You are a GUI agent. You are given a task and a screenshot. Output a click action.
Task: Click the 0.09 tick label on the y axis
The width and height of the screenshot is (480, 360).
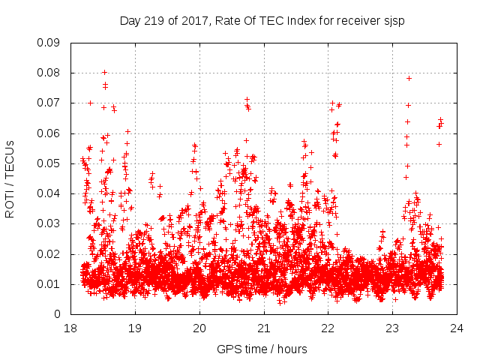49,42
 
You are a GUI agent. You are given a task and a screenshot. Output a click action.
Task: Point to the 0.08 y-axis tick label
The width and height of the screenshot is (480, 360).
49,73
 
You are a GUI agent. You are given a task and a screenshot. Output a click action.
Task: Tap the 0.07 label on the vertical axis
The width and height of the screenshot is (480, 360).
49,103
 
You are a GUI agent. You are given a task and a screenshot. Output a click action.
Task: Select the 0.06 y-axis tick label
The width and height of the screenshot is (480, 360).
49,133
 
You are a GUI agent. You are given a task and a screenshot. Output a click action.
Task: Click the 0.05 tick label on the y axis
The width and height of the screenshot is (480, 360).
49,163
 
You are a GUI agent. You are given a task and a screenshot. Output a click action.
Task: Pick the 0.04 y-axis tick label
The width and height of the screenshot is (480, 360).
49,193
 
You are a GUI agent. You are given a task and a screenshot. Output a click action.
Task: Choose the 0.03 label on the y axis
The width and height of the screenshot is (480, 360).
49,223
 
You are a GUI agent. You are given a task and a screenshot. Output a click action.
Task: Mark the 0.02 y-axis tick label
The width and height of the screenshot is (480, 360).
49,253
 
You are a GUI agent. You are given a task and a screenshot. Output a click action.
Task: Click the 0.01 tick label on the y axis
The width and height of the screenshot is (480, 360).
49,283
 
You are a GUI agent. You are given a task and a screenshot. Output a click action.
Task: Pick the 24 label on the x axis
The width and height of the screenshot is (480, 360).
457,328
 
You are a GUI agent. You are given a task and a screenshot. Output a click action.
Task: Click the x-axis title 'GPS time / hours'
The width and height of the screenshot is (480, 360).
262,349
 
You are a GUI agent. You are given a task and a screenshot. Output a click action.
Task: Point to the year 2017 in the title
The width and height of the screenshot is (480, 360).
193,20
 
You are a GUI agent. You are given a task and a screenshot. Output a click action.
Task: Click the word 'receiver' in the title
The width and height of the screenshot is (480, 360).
355,20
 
